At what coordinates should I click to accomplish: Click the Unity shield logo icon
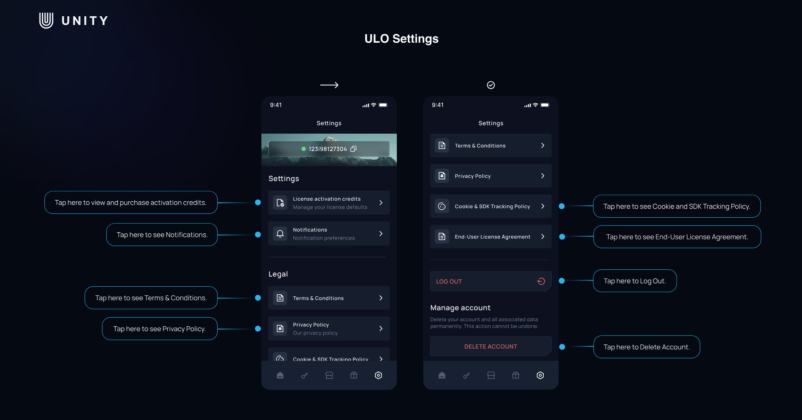pos(46,20)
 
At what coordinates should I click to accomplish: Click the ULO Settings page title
pos(401,39)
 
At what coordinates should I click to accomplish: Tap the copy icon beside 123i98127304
pos(353,149)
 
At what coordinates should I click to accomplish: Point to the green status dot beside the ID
pos(303,149)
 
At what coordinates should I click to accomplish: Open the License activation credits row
pos(329,203)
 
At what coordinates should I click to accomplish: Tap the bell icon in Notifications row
pos(280,234)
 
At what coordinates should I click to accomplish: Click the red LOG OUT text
pos(449,282)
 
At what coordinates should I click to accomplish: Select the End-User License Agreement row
pos(491,237)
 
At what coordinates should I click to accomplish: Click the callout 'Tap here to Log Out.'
pos(635,281)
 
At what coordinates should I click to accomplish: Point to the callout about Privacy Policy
pos(160,329)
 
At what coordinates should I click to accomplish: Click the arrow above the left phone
pos(329,85)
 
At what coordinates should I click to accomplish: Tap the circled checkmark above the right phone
pos(491,85)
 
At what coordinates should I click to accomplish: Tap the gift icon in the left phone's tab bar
pos(354,375)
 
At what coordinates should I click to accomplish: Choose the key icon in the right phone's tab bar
pos(466,375)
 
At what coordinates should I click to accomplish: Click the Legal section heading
pos(278,274)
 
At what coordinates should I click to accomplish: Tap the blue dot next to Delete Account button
pos(562,347)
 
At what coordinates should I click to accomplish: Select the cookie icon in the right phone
pos(442,206)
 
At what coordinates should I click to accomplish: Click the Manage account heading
pos(460,308)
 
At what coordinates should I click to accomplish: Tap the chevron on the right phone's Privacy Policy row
pos(543,176)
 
